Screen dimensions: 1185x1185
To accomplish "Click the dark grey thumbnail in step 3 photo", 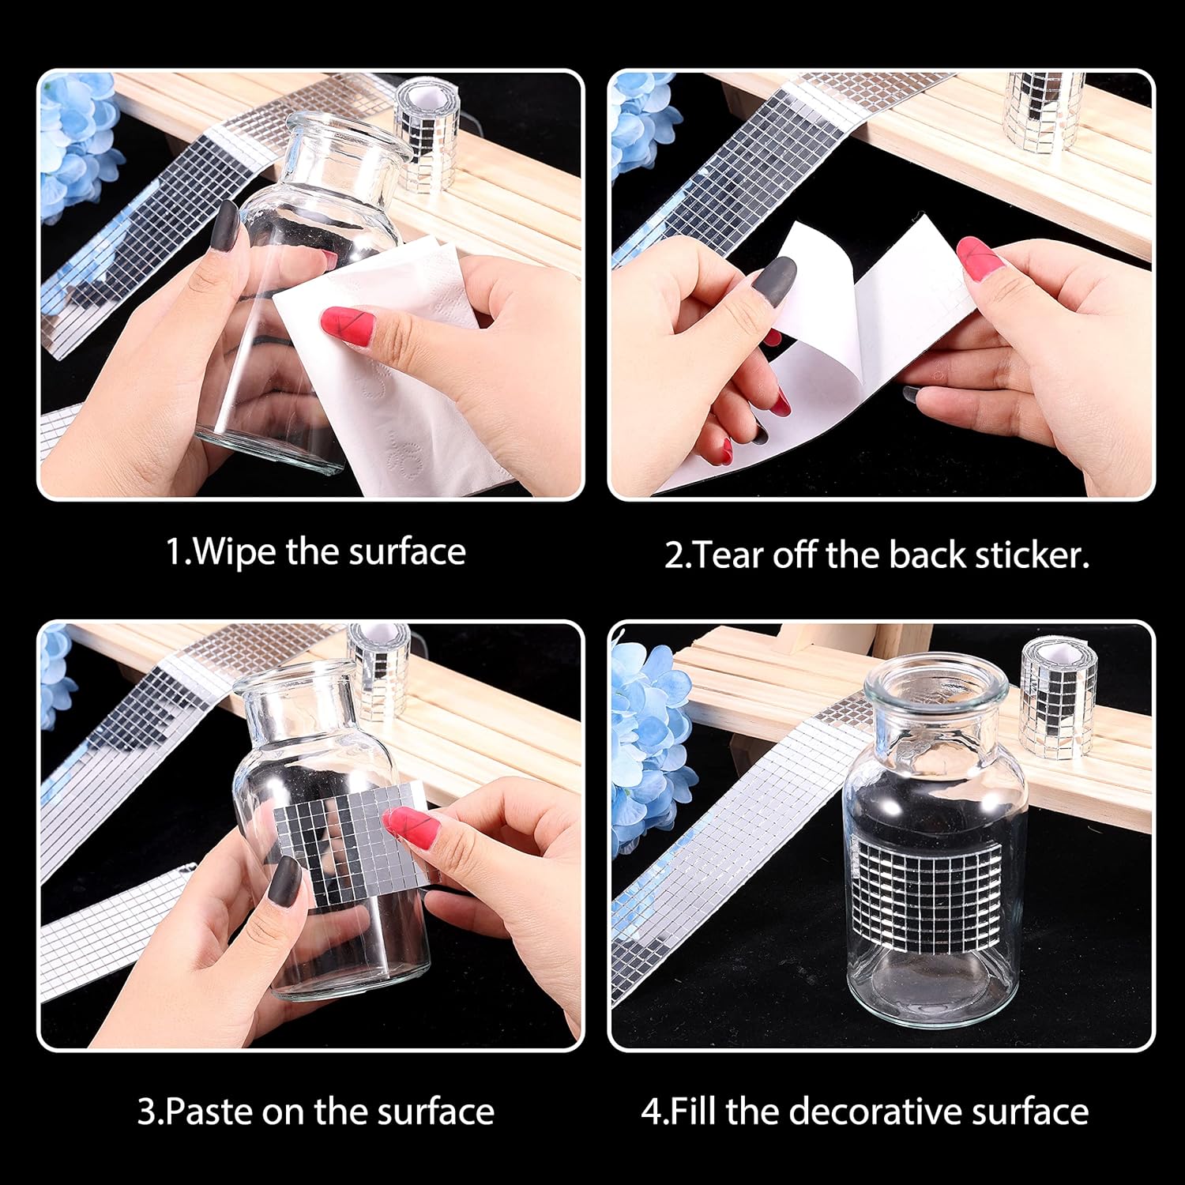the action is pos(284,881).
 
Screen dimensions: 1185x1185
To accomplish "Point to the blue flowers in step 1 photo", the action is pos(79,146).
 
